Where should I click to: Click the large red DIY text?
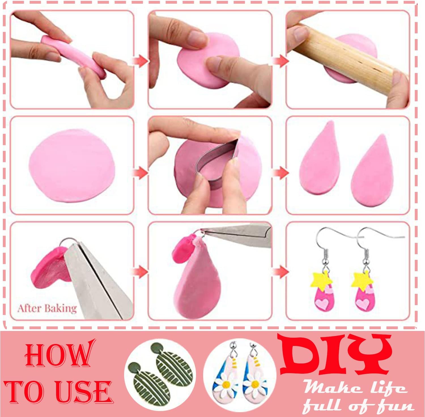(334, 354)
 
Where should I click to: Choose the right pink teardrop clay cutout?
(368, 173)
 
